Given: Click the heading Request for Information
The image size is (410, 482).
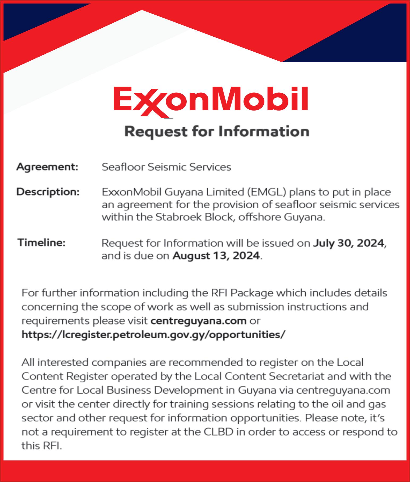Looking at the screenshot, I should (x=217, y=132).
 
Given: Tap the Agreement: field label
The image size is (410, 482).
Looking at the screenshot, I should (x=47, y=167).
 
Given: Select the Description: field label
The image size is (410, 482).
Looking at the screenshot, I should (x=48, y=192).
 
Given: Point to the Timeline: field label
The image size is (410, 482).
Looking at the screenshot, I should (x=41, y=242).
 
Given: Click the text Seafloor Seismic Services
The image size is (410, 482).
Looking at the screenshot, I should (x=166, y=167).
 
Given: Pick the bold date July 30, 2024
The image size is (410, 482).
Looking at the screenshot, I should (x=348, y=243).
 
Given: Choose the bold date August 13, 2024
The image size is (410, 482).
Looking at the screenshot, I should (x=216, y=256).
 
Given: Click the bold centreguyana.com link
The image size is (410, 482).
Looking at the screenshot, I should (x=198, y=321).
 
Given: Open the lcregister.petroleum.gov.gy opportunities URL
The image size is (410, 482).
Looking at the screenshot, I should (x=153, y=334).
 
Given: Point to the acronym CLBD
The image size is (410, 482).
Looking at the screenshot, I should (x=218, y=432).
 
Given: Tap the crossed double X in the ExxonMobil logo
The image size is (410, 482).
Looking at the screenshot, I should (x=150, y=102).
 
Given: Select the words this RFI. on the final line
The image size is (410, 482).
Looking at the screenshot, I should (x=41, y=446).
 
